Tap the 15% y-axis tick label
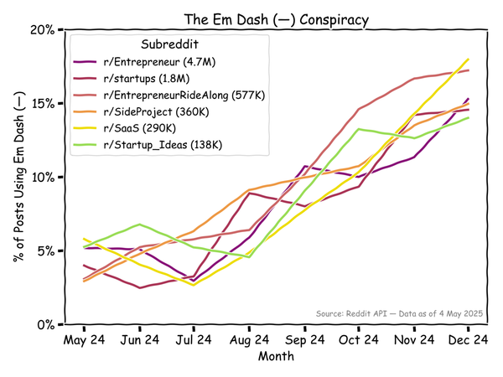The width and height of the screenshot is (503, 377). [42, 103]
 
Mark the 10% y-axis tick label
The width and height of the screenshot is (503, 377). [42, 177]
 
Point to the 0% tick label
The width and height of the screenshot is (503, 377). [45, 324]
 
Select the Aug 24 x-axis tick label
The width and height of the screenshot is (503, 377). [249, 340]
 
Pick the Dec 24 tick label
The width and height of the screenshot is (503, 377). [468, 340]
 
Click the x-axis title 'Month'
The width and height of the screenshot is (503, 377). [276, 356]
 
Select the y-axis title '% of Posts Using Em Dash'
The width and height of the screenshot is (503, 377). [18, 177]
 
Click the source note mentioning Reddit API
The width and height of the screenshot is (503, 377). [400, 312]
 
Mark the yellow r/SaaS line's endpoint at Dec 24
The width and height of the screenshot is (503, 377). [468, 59]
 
